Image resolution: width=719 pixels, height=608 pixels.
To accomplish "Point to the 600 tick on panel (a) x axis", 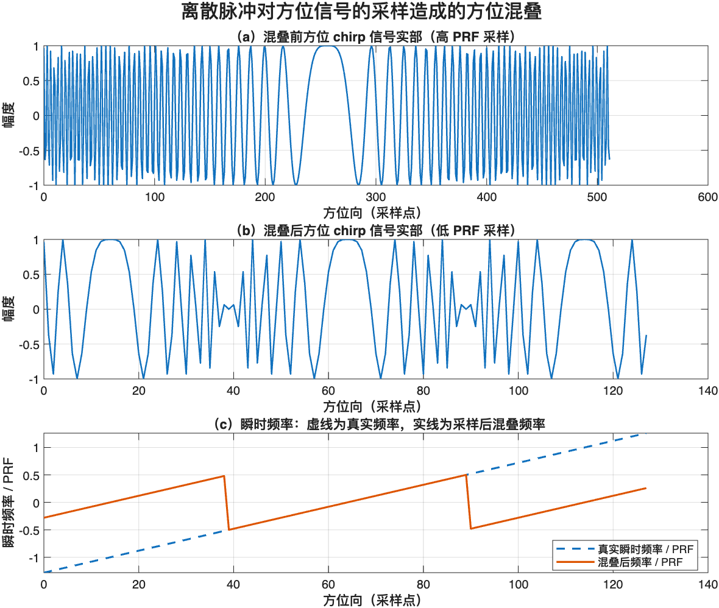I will click(707, 197).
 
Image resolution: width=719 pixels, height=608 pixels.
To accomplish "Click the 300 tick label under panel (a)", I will click(375, 197).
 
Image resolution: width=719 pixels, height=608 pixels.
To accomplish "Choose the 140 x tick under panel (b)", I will click(707, 391).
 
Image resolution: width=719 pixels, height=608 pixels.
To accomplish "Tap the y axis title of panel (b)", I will click(10, 309).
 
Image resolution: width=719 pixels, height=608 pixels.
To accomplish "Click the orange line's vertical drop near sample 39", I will click(227, 503).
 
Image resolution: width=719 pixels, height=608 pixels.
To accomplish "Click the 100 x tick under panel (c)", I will click(518, 584).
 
